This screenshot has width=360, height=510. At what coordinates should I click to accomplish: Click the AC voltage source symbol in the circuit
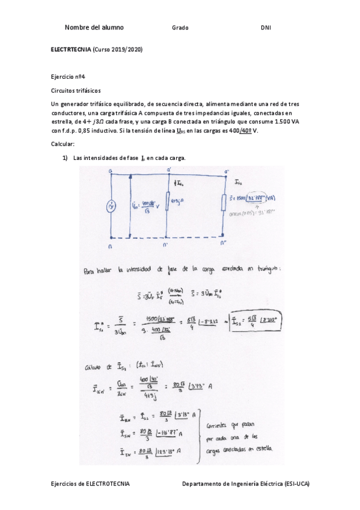[x=111, y=207]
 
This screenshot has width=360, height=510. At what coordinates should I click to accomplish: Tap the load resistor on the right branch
[x=224, y=203]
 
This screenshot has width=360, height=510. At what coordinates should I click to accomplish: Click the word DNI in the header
[x=265, y=28]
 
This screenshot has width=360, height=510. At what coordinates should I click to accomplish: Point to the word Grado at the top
[x=180, y=28]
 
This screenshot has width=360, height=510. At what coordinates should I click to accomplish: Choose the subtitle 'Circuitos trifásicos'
[x=76, y=91]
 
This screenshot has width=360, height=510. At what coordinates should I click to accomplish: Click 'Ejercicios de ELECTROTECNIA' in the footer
[x=90, y=483]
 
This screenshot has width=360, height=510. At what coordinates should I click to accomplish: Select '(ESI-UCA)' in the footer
[x=293, y=483]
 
